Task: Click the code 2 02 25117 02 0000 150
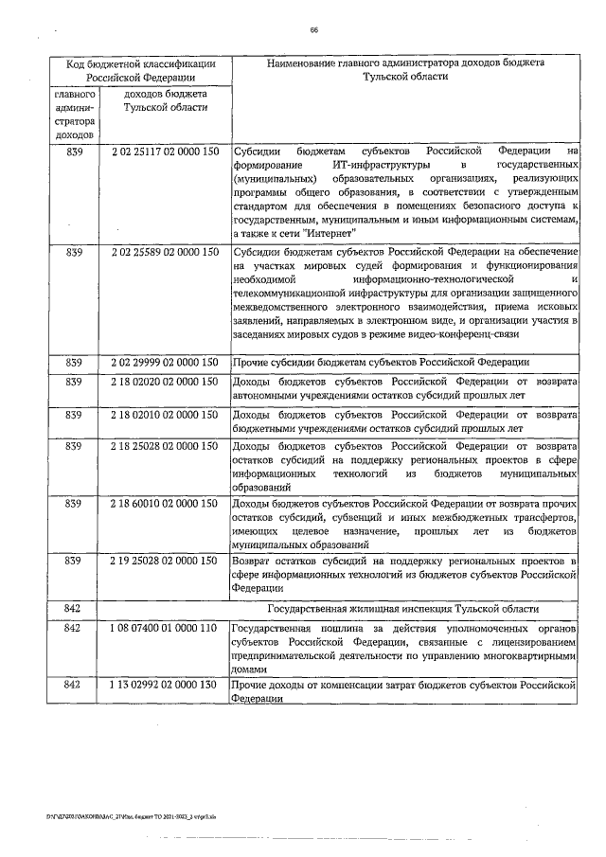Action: (x=165, y=151)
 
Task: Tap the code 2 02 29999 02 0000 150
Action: (x=165, y=363)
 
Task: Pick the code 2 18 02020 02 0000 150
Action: (x=165, y=382)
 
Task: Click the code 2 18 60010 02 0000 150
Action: (x=165, y=504)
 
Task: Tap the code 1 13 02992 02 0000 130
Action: (x=165, y=684)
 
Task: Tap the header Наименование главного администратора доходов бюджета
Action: (x=403, y=63)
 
